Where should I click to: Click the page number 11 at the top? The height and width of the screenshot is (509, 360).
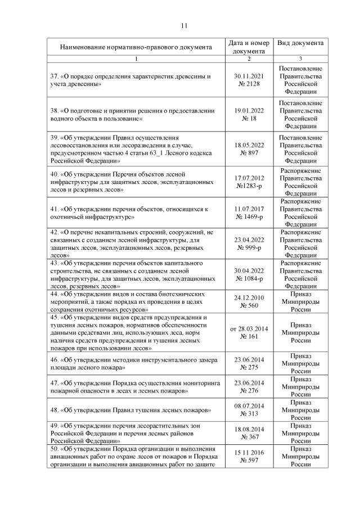184,25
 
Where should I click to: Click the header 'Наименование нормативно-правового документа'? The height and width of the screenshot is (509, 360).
136,47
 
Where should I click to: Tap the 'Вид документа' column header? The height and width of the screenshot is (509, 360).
300,43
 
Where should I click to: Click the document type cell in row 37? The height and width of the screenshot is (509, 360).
300,79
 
